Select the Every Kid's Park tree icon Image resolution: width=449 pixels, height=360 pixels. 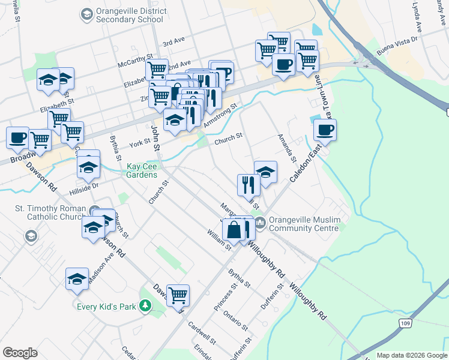[145, 306]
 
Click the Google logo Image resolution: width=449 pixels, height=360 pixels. [20, 353]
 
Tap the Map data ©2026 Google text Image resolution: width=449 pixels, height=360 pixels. [411, 355]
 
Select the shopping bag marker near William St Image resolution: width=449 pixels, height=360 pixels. [234, 230]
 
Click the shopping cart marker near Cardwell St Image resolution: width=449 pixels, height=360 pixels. [178, 295]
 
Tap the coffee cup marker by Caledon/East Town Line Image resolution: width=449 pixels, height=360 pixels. [325, 130]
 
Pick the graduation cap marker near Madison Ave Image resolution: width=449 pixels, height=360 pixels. [77, 278]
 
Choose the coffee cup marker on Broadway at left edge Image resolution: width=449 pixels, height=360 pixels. [17, 138]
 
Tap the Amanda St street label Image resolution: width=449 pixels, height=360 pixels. [286, 148]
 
